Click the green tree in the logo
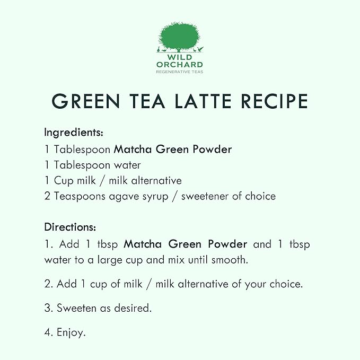pos(180,36)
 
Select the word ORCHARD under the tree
pos(180,65)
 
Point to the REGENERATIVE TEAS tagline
pos(180,71)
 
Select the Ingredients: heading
pos(73,131)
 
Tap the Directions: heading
pos(70,227)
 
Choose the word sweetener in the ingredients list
pos(207,196)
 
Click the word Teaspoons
pos(75,196)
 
